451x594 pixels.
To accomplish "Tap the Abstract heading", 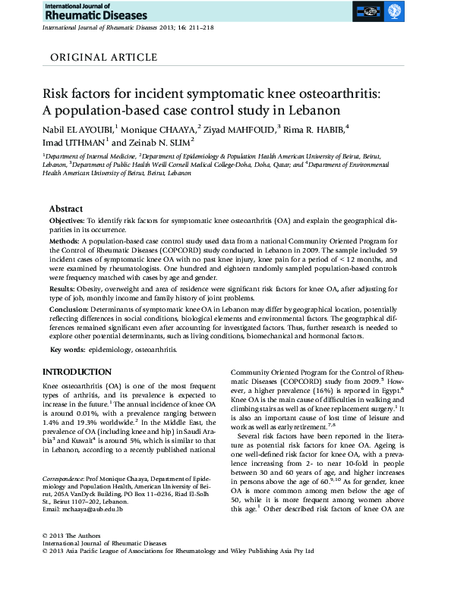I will (66, 208).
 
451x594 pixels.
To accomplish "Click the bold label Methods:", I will (67, 238).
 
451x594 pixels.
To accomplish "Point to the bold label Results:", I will (65, 289).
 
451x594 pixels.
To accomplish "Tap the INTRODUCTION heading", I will (77, 372).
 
